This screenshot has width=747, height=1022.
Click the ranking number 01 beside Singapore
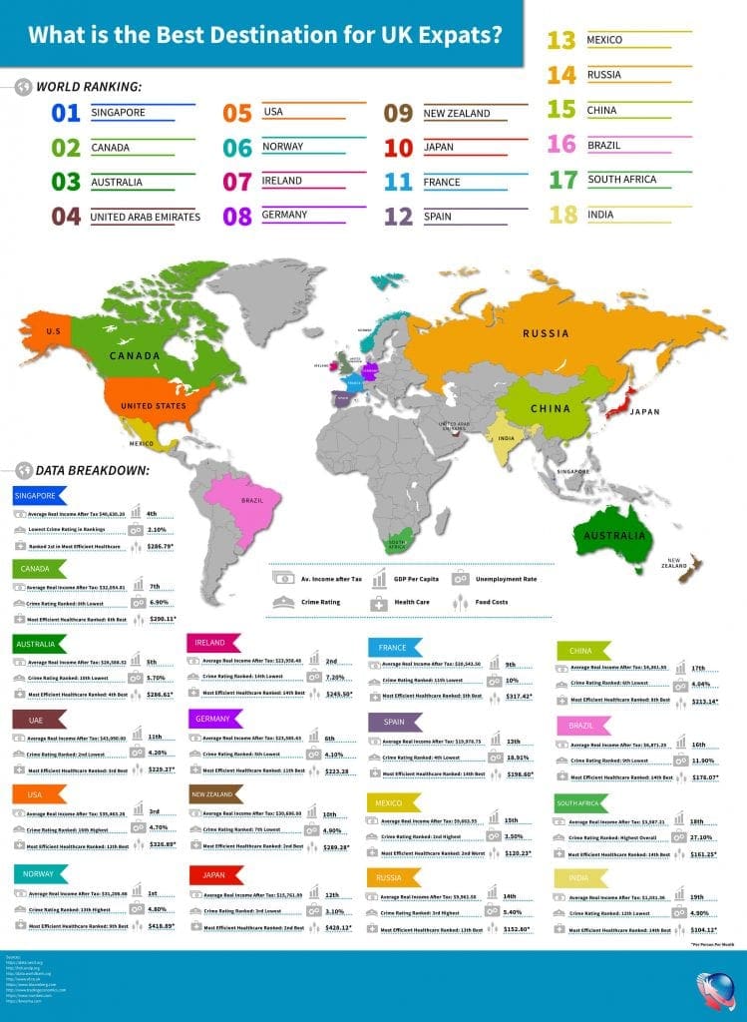coord(65,113)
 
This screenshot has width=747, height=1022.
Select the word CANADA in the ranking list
coord(111,148)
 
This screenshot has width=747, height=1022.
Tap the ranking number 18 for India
coord(562,215)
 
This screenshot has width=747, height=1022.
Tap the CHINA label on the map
coord(551,408)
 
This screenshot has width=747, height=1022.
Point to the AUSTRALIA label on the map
coord(613,536)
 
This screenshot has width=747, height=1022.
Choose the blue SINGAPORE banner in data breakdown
coord(37,495)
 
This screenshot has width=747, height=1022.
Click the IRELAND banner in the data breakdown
coord(212,642)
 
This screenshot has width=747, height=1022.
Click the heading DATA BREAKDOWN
coord(92,470)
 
